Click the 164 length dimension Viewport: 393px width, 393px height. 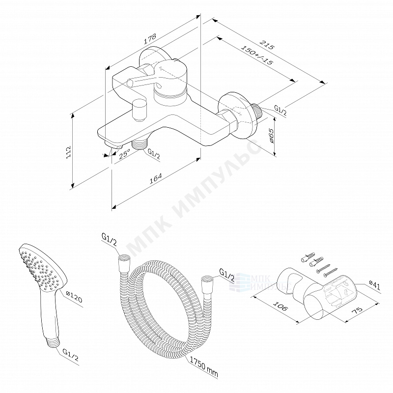pos(155,180)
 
